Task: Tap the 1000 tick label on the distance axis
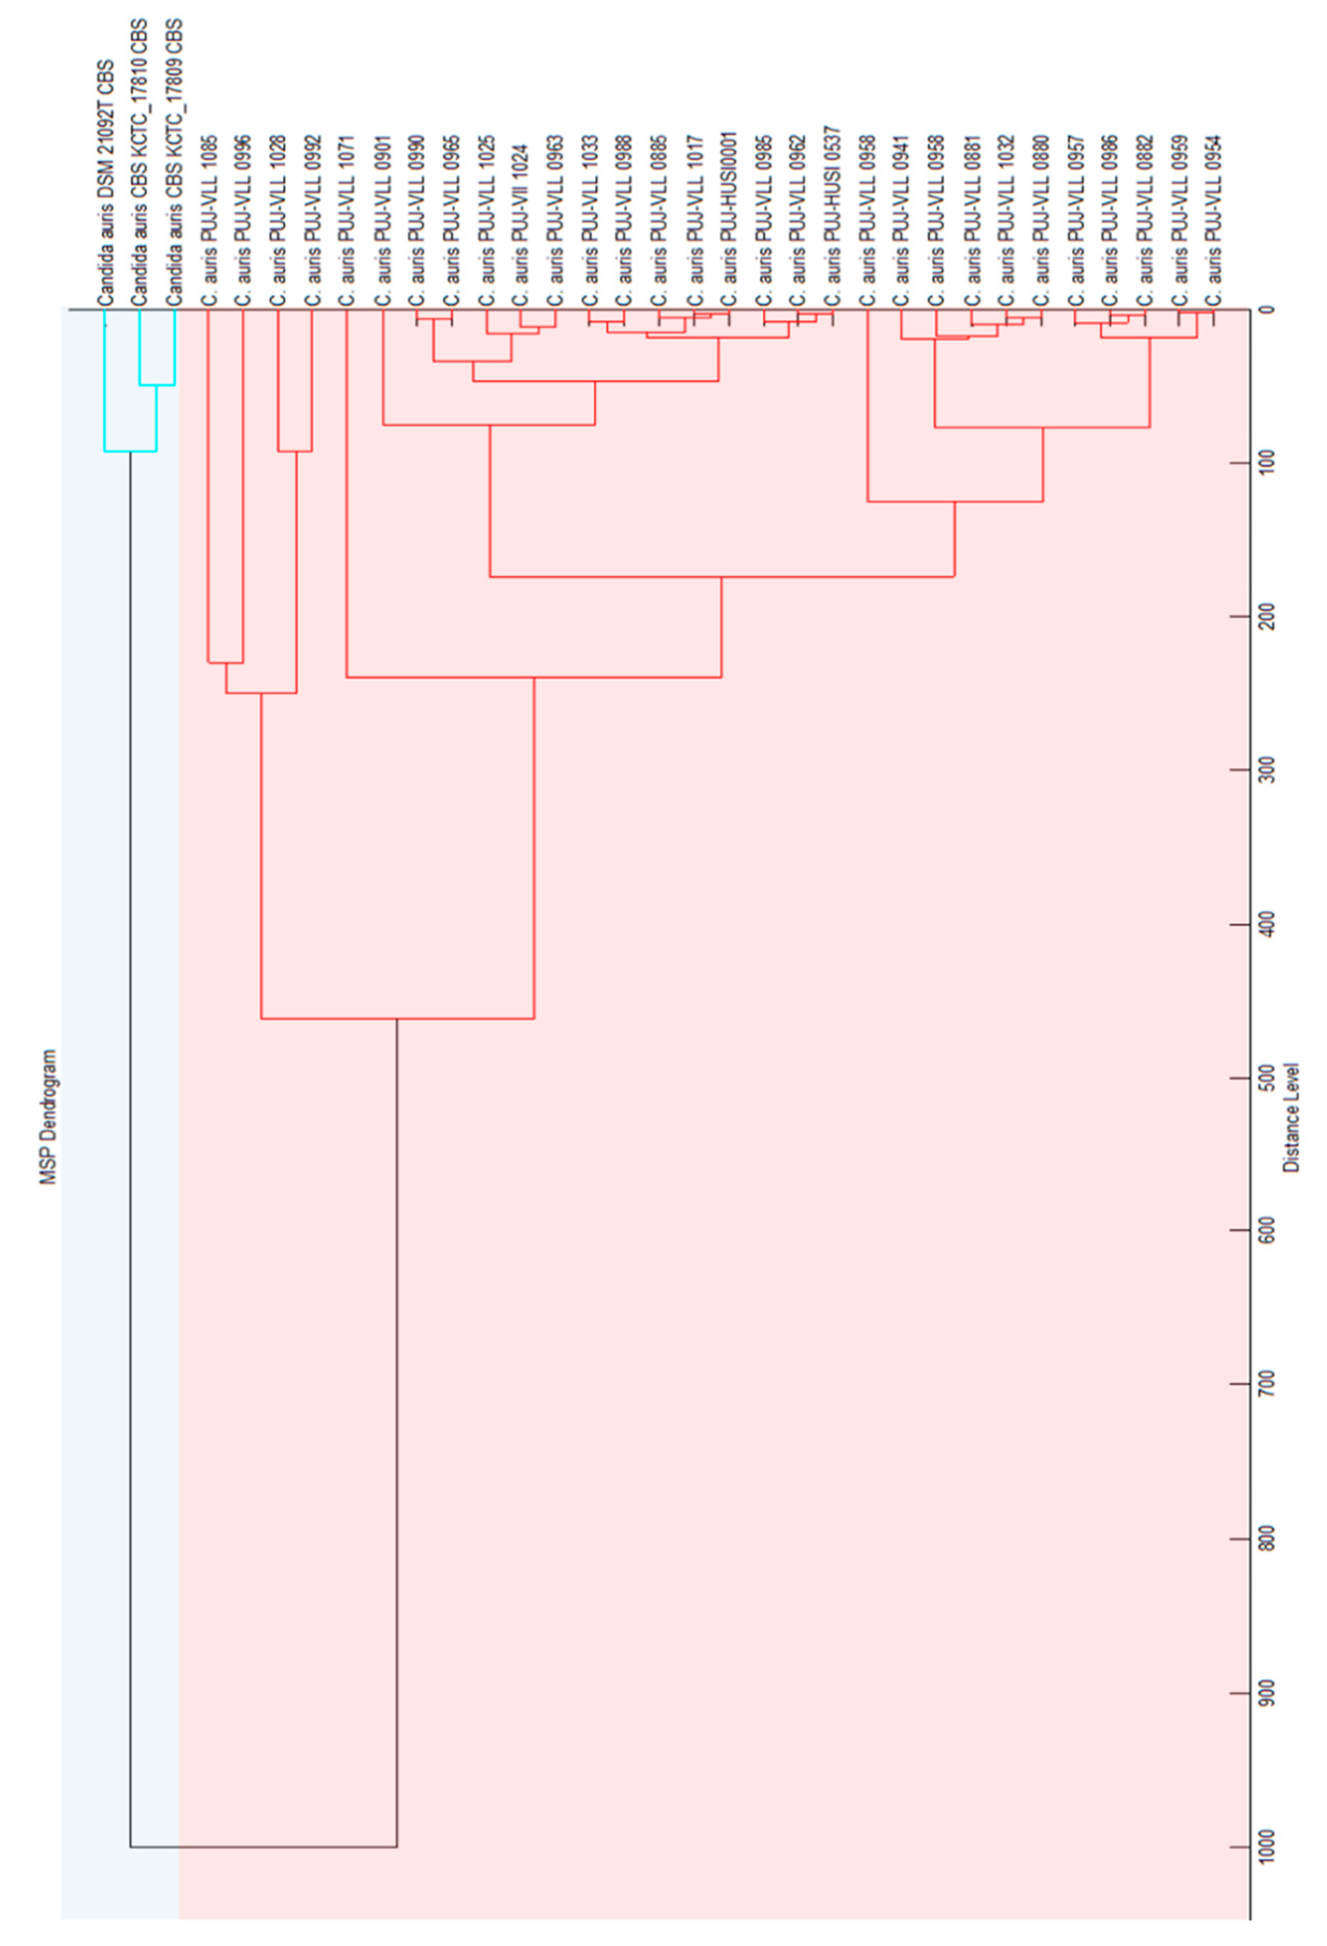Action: tap(1267, 1846)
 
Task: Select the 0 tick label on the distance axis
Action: tap(1267, 310)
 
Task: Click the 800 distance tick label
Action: tap(1267, 1539)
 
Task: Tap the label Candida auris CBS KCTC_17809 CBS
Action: tap(175, 163)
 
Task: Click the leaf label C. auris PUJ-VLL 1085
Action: tap(209, 220)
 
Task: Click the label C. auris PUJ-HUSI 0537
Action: tap(833, 220)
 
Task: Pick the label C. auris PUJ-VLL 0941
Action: tap(901, 220)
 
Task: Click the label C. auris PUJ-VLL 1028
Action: tap(279, 220)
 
